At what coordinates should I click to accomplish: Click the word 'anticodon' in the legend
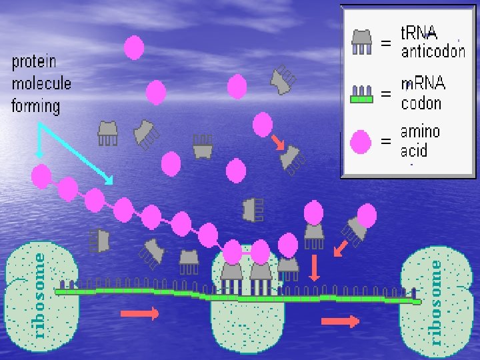[433, 51]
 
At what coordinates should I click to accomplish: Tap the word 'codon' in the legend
[421, 103]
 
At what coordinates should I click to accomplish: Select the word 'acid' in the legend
[413, 151]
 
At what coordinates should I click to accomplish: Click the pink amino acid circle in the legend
[361, 141]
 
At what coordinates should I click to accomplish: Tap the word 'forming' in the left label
[36, 105]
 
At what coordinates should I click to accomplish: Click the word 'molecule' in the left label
[41, 84]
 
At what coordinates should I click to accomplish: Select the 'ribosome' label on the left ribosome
[39, 294]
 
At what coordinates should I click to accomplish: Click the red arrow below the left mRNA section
[139, 313]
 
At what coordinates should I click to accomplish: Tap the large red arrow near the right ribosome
[340, 321]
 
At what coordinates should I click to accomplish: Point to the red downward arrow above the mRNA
[315, 267]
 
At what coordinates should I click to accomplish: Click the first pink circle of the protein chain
[41, 176]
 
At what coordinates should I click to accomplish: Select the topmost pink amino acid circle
[134, 47]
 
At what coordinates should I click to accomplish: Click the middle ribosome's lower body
[246, 327]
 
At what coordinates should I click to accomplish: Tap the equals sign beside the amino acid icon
[385, 141]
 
